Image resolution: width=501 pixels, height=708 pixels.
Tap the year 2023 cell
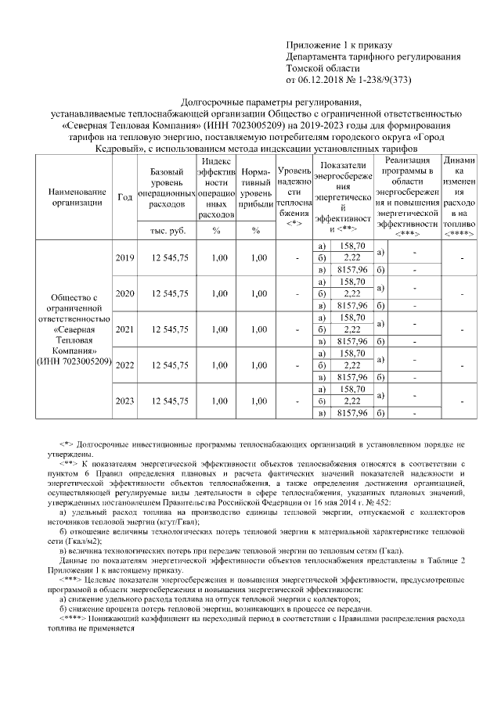click(x=124, y=401)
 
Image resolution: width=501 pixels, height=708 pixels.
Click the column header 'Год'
click(x=124, y=196)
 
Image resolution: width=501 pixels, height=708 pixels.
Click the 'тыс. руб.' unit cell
click(x=166, y=231)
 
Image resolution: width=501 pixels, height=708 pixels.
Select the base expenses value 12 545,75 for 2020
click(x=166, y=294)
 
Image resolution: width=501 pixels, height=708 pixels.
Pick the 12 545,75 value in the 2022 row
click(x=166, y=365)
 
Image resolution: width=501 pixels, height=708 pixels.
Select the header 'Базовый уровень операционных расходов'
click(x=166, y=188)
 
